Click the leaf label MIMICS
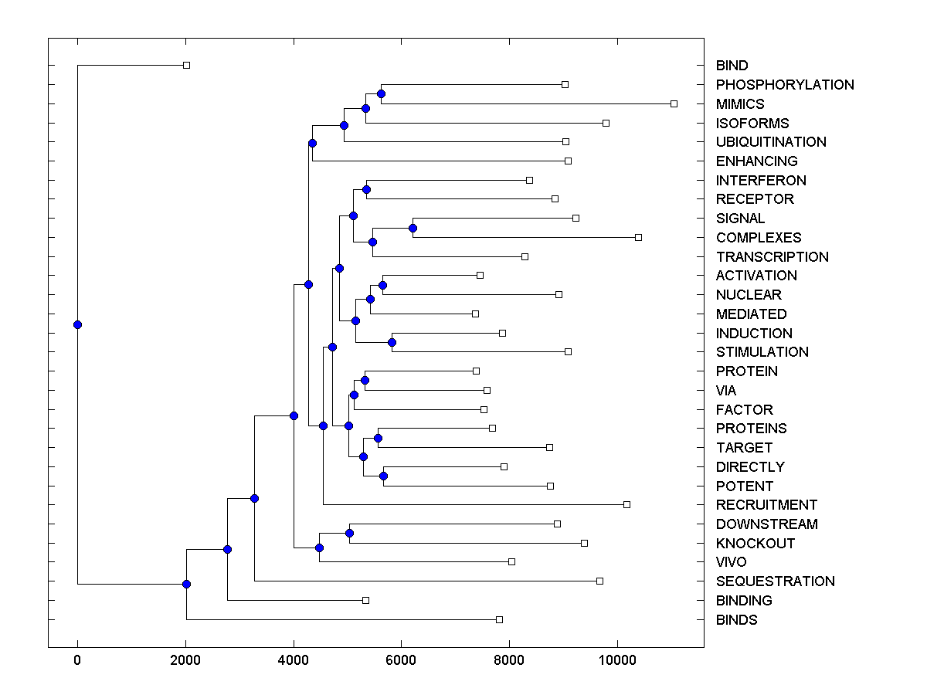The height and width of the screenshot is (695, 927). [740, 104]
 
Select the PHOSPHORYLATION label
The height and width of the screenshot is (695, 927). [785, 85]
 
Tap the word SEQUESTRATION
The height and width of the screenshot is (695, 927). [775, 581]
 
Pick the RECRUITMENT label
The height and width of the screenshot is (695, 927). [766, 505]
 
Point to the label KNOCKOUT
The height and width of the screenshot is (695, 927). [755, 544]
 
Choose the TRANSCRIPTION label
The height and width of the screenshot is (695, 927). [772, 257]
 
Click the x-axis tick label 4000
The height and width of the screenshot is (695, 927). [294, 660]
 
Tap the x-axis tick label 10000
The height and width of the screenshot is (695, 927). [617, 660]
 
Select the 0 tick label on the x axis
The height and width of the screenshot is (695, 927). [77, 660]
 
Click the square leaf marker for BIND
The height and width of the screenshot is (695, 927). [186, 66]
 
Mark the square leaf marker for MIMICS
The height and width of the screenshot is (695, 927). [674, 103]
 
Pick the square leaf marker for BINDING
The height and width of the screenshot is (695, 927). [366, 600]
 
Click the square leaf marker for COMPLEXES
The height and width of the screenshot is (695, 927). [638, 237]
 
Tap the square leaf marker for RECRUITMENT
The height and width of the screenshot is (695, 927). [626, 504]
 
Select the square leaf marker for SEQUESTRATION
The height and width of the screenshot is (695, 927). [599, 581]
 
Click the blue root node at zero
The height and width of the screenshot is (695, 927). [77, 324]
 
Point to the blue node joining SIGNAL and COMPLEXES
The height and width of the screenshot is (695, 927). [413, 228]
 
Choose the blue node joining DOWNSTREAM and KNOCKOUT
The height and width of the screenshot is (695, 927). [349, 533]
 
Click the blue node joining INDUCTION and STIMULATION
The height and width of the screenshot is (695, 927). [392, 342]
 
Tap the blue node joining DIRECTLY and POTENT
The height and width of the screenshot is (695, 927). [383, 476]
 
